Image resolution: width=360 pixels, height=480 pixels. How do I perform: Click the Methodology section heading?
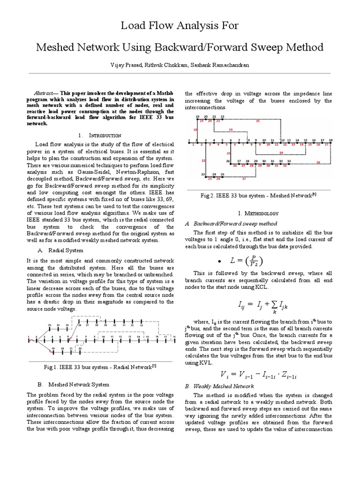260,213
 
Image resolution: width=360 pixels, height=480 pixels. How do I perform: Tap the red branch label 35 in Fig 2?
257,121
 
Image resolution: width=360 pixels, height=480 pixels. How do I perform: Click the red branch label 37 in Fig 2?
244,179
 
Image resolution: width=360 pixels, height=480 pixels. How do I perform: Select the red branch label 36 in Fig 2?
318,163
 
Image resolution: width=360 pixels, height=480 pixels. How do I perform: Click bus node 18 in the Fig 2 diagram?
331,140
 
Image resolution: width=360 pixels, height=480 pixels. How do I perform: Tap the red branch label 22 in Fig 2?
203,161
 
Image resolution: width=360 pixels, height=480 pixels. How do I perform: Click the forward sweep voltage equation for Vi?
259,375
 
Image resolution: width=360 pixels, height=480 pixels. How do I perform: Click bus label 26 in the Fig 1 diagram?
80,324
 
